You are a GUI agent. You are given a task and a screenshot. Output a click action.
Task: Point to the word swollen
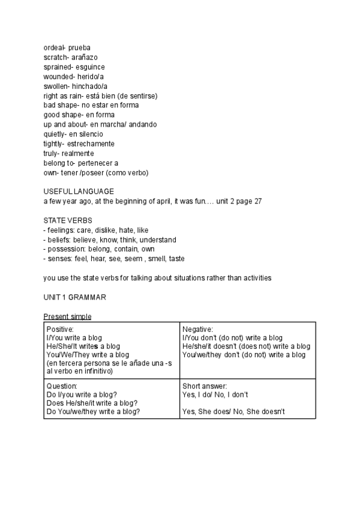click(x=55, y=86)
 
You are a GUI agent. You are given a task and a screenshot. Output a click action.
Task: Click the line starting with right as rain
click(x=100, y=95)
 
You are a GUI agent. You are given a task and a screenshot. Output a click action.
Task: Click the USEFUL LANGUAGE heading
click(x=79, y=191)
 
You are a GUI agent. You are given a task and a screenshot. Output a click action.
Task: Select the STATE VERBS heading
click(x=68, y=220)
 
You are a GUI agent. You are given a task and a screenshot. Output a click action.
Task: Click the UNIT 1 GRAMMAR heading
click(x=74, y=297)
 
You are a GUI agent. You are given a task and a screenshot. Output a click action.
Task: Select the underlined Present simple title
click(x=67, y=316)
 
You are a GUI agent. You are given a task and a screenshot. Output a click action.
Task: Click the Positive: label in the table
click(x=59, y=330)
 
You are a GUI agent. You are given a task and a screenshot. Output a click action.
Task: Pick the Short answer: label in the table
click(x=205, y=386)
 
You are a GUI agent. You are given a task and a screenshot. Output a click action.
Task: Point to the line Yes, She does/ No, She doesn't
click(x=233, y=411)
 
